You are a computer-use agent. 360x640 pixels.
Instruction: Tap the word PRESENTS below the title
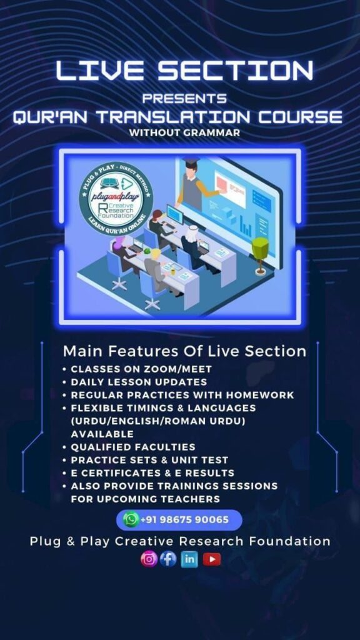click(x=184, y=98)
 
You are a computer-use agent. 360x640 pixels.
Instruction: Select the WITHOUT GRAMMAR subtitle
click(x=184, y=132)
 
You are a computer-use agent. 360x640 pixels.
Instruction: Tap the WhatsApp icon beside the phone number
click(x=131, y=519)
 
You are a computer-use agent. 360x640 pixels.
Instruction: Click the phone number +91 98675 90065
click(x=184, y=520)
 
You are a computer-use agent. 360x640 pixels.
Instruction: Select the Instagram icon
click(x=149, y=559)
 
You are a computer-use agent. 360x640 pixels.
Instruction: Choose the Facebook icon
click(x=167, y=559)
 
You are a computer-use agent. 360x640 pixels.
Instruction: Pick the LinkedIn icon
click(x=189, y=559)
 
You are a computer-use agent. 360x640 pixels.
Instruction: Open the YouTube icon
click(x=212, y=559)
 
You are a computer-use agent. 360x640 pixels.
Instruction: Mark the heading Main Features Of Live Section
click(x=184, y=351)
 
